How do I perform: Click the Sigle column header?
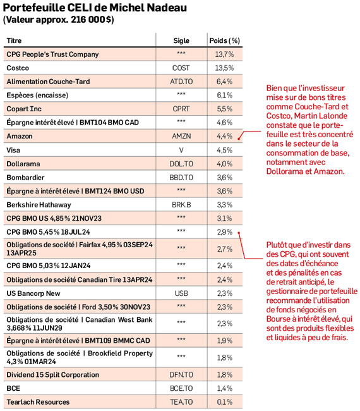tap(181, 40)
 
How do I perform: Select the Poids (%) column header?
tap(225, 40)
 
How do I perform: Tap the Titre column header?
tap(14, 40)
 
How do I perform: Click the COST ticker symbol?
tap(181, 68)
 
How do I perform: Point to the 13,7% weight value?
tap(224, 54)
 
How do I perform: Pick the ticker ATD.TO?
tap(181, 82)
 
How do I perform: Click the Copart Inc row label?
tap(24, 109)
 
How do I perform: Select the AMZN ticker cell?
tap(181, 136)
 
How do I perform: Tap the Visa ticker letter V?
tap(181, 150)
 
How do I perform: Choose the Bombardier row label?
tap(26, 178)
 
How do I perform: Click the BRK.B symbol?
tap(181, 205)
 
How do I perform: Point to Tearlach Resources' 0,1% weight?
tap(225, 402)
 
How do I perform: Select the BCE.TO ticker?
tap(181, 388)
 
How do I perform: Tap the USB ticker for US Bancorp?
tap(181, 293)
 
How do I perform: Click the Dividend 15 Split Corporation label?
tap(53, 374)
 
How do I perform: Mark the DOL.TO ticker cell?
tap(181, 164)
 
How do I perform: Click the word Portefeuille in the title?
tap(34, 8)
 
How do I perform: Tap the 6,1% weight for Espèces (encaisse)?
tap(225, 95)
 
